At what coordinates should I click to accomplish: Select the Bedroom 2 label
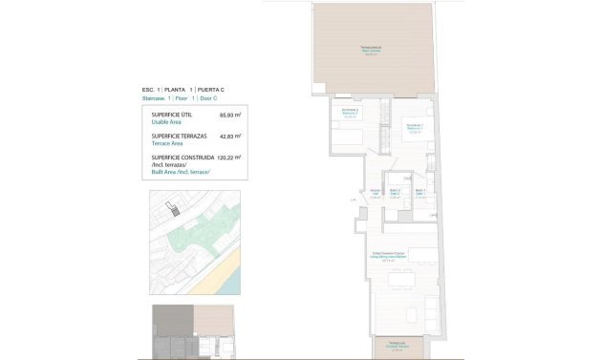pos(350,116)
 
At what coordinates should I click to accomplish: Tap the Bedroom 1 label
pos(413,129)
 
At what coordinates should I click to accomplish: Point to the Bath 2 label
pos(394,194)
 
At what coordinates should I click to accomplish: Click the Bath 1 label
pos(420,194)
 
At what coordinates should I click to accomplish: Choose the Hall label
pos(376,194)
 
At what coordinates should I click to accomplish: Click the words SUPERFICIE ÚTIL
pos(172,116)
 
